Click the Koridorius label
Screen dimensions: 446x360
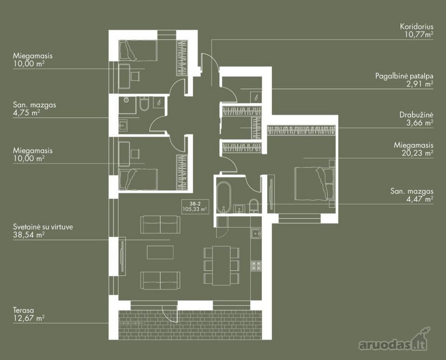(416, 27)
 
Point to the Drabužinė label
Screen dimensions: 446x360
(416, 115)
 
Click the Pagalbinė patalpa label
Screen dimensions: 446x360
(404, 76)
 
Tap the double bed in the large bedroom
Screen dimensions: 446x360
(314, 184)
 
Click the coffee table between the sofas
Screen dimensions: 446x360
(160, 252)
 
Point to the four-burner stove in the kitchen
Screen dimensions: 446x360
(256, 266)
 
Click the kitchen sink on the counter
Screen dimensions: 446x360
(256, 234)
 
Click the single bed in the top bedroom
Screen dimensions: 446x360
(138, 50)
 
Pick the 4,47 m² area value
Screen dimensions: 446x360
(420, 199)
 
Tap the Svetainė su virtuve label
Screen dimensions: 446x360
(43, 227)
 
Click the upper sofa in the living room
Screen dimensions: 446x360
(160, 224)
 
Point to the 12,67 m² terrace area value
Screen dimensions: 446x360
(29, 318)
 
